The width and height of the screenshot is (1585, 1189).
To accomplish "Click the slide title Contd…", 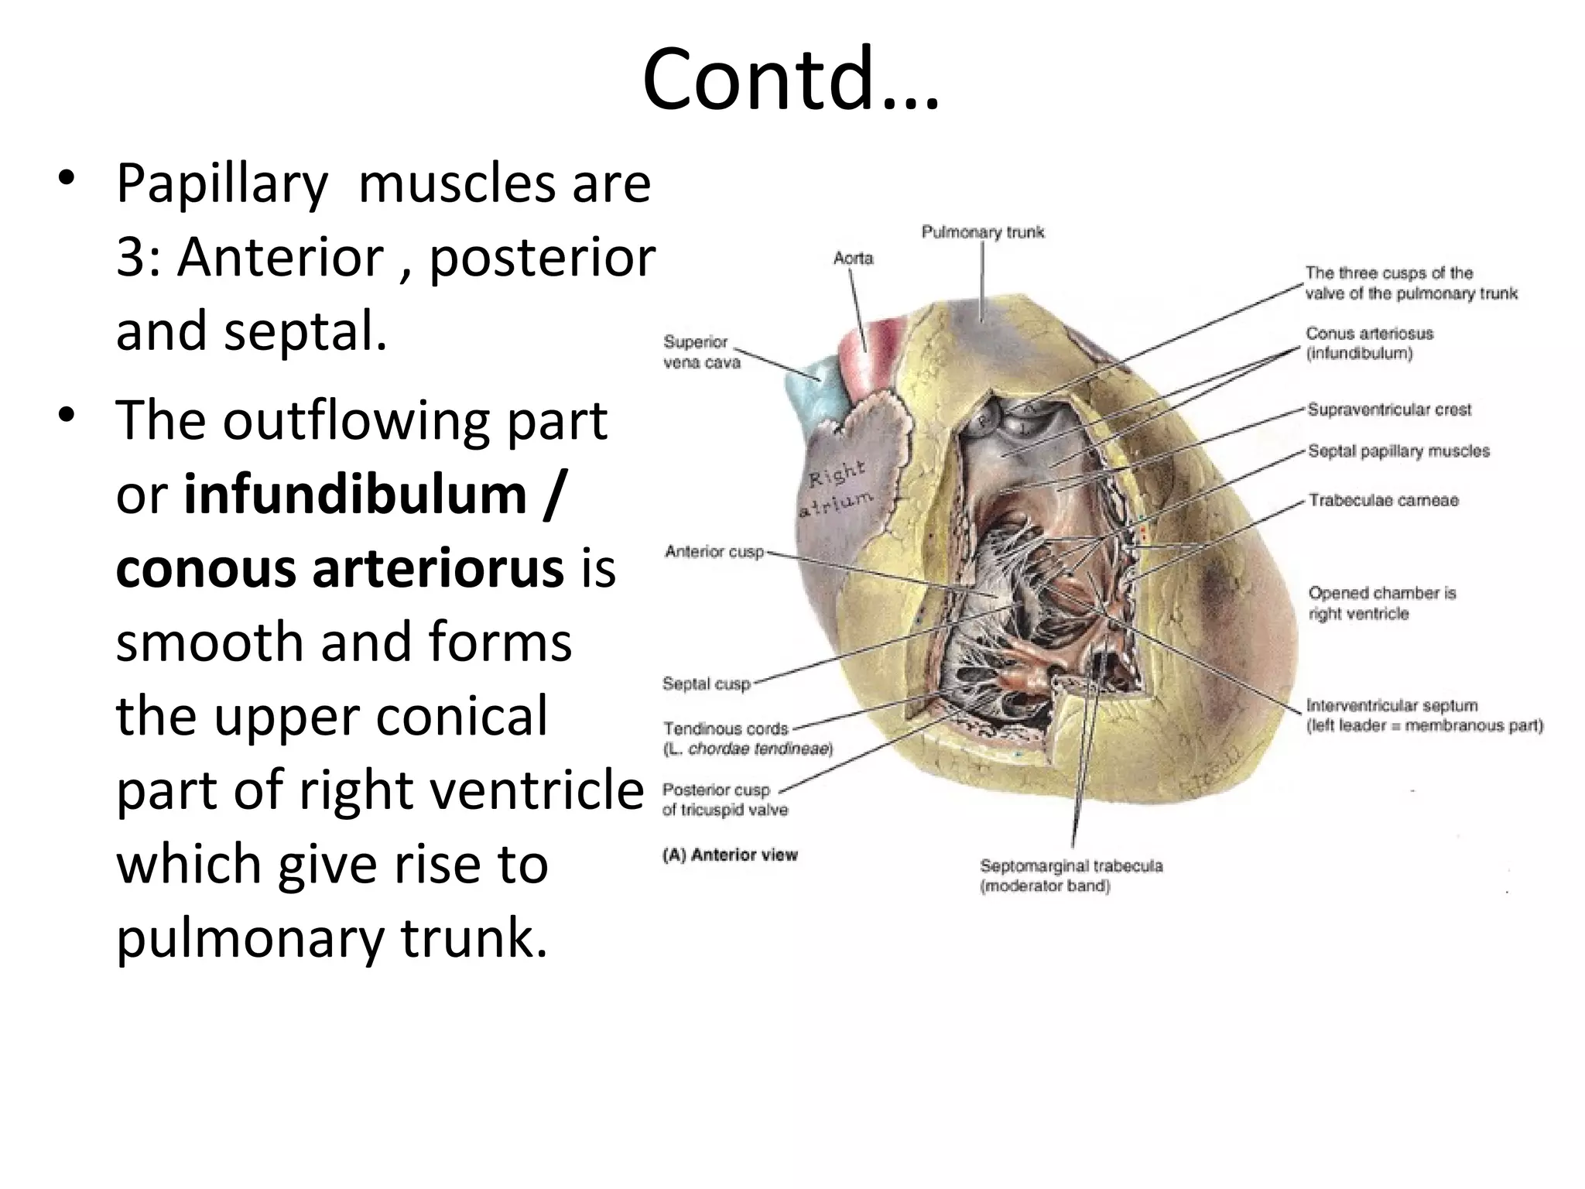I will pos(791,80).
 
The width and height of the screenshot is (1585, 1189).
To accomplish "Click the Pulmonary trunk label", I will pos(982,232).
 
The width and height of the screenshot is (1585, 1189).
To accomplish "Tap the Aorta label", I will pos(853,259).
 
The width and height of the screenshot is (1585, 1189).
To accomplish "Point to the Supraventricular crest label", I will pos(1389,410).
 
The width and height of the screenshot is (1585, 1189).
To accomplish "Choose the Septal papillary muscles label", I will pos(1398,451).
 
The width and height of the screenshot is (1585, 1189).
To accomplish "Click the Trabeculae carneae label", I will pos(1383,501).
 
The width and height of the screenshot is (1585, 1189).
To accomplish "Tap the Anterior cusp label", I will pos(714,552).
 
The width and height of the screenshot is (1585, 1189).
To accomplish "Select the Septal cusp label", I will pos(707,684).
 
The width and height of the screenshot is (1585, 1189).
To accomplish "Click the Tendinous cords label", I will pos(726,729).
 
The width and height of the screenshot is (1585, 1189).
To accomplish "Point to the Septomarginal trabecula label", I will pos(1071,866).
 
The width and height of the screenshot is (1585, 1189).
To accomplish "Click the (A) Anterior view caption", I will pos(730,855).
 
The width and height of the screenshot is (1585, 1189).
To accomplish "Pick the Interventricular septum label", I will pos(1392,706).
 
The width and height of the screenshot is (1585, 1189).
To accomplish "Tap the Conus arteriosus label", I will pos(1369,334).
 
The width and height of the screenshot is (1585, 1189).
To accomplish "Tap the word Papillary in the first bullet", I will pos(222,183).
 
